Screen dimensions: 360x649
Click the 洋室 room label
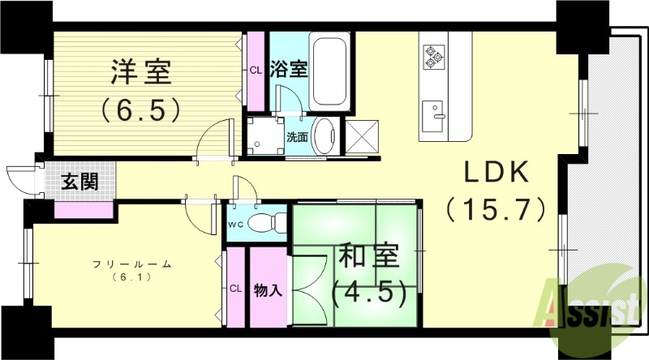tap(141, 72)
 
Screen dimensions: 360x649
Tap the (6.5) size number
tap(141, 109)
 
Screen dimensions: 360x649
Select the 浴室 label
tap(290, 68)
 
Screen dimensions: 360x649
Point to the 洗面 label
tap(297, 137)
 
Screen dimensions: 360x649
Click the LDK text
tap(496, 174)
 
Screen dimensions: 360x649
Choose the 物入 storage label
tap(268, 289)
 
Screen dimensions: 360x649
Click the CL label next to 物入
tap(235, 289)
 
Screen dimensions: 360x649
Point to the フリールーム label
tap(122, 264)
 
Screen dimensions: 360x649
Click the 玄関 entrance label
tap(80, 181)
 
